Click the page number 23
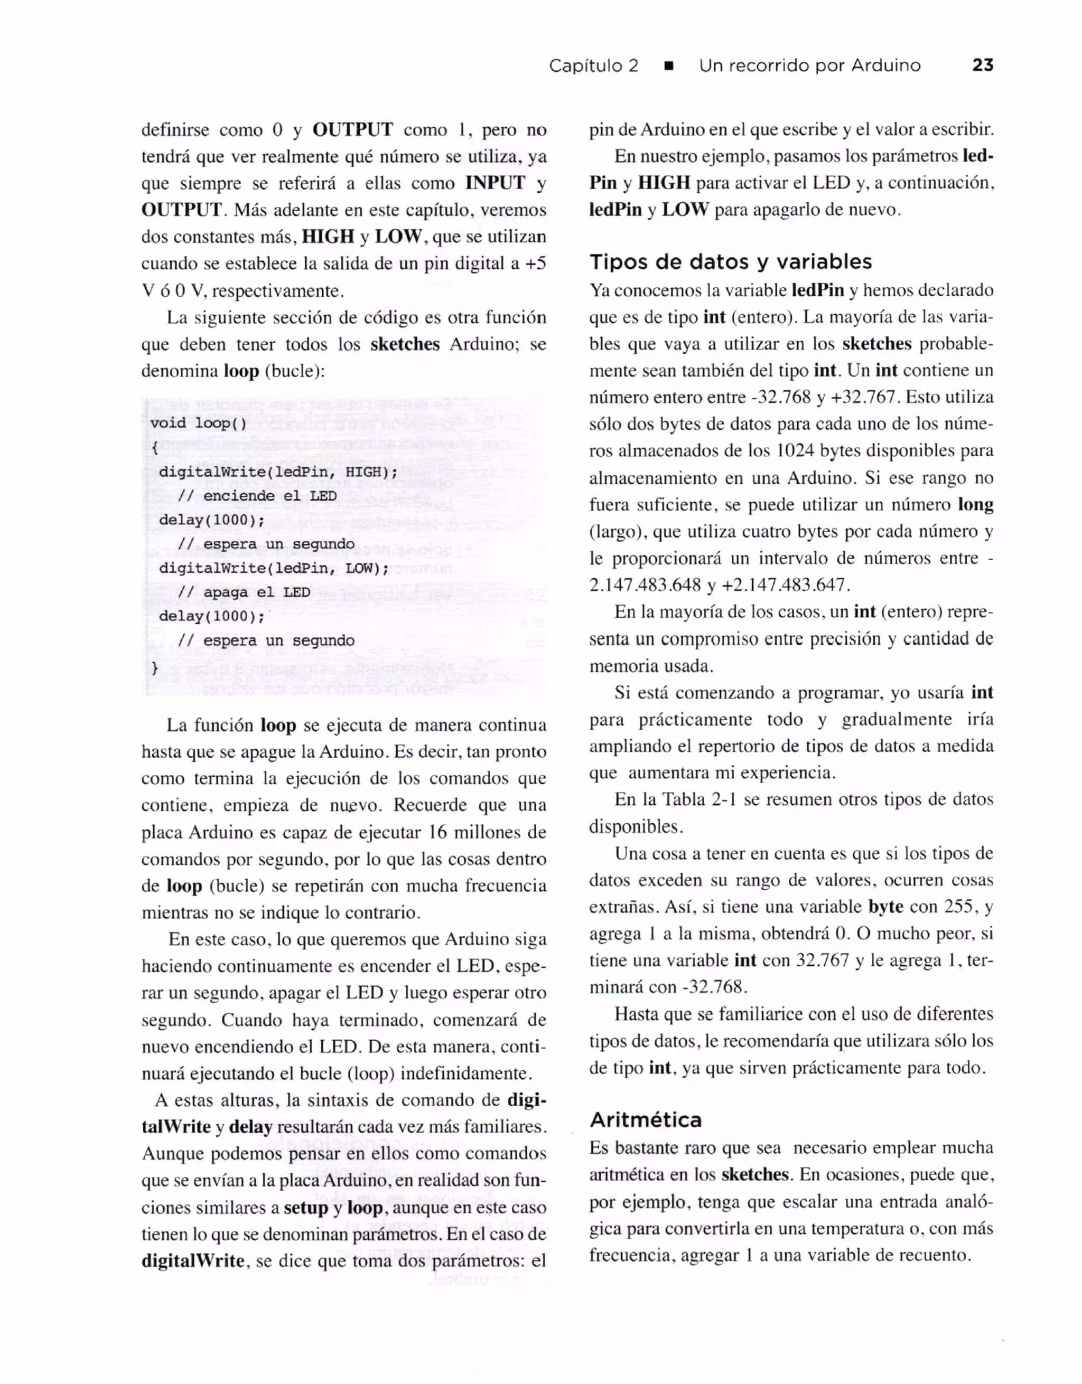pos(983,65)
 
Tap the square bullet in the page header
pos(668,66)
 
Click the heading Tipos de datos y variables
pos(730,262)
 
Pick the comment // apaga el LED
pos(244,592)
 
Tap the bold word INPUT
pos(495,183)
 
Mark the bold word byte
pos(885,907)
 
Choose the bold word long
pos(975,504)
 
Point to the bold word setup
pos(305,1208)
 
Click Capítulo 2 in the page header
pos(593,66)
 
